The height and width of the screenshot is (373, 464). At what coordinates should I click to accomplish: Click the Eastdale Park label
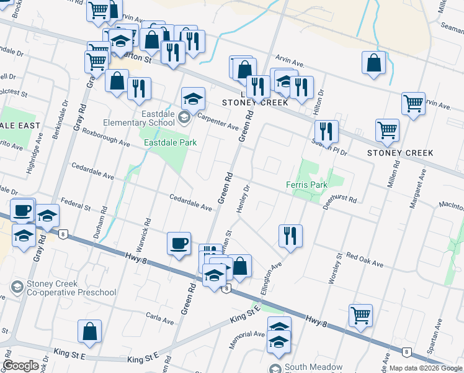[x=170, y=142]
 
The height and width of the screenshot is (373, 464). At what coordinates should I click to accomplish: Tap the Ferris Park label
[x=306, y=185]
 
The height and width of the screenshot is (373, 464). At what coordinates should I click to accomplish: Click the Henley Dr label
[x=243, y=199]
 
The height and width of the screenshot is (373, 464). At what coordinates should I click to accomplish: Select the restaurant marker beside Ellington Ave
[x=290, y=236]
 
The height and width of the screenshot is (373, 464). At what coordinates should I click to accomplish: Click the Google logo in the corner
[x=20, y=366]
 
